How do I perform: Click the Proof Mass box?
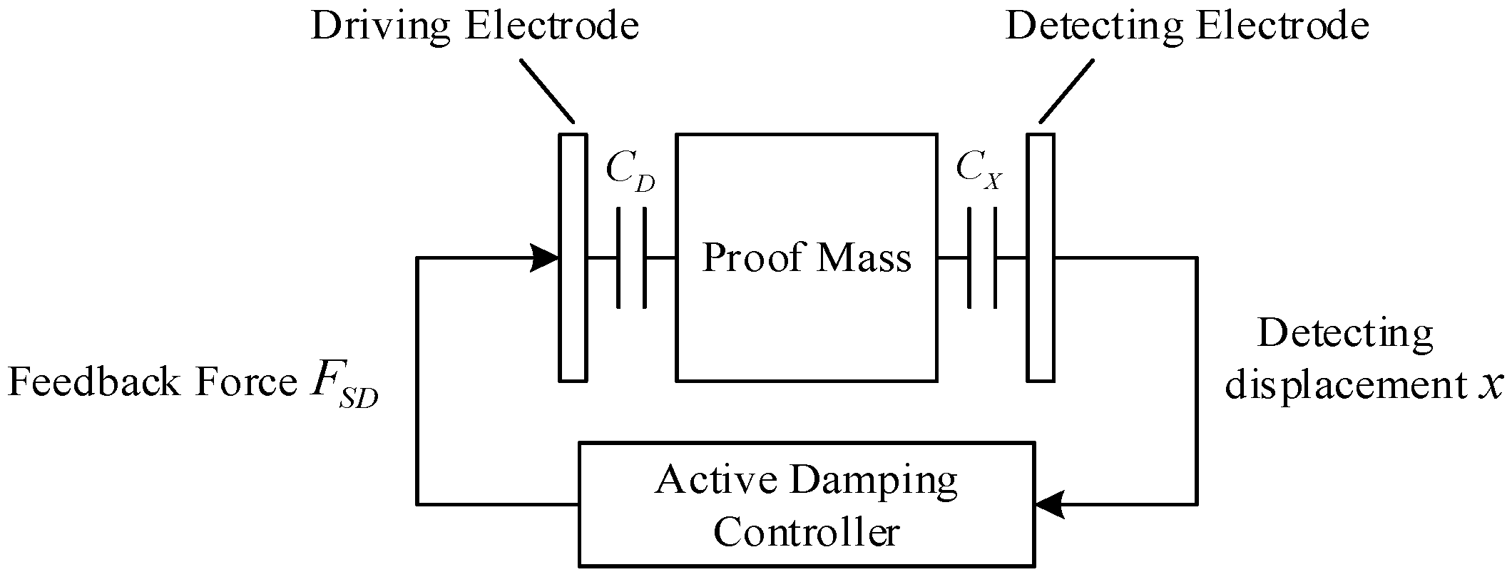[x=806, y=321]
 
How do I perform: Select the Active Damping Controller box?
[x=806, y=505]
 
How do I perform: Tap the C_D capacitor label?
[x=629, y=171]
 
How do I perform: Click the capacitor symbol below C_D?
[x=632, y=257]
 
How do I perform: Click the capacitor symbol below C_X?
[x=981, y=257]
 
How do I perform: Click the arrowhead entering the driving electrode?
[x=546, y=257]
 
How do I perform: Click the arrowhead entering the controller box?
[x=1048, y=505]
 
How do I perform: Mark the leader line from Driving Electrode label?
[x=547, y=91]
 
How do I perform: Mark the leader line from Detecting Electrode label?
[x=1066, y=91]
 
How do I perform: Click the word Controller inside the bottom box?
[x=806, y=532]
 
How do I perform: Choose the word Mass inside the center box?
[x=864, y=258]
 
